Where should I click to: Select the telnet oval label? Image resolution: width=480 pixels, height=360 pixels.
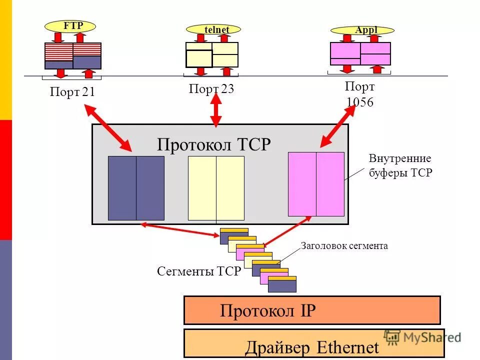tap(214, 29)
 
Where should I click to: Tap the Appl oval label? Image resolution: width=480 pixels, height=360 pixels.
tap(362, 30)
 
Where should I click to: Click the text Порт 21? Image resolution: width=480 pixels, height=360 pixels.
tap(72, 92)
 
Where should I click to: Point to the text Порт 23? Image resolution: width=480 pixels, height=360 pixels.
tap(211, 89)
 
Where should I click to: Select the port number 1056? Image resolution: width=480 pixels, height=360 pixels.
tap(359, 102)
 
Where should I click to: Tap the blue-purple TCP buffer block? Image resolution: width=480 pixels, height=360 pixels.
tap(136, 188)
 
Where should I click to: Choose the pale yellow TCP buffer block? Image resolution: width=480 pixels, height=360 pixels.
tap(216, 188)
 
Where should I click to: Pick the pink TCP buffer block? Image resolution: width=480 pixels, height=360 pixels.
tap(316, 184)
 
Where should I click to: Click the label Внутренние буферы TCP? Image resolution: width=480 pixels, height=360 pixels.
tap(400, 166)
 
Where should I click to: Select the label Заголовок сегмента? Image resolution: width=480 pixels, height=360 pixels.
tap(344, 246)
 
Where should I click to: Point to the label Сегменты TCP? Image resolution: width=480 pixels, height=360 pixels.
tap(199, 271)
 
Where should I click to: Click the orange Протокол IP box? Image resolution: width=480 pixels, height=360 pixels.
tap(312, 310)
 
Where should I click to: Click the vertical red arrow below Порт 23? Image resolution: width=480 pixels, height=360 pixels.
tap(215, 110)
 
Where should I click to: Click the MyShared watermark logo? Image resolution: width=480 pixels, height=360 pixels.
tap(422, 337)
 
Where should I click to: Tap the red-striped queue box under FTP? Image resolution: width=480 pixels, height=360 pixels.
tap(73, 49)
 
